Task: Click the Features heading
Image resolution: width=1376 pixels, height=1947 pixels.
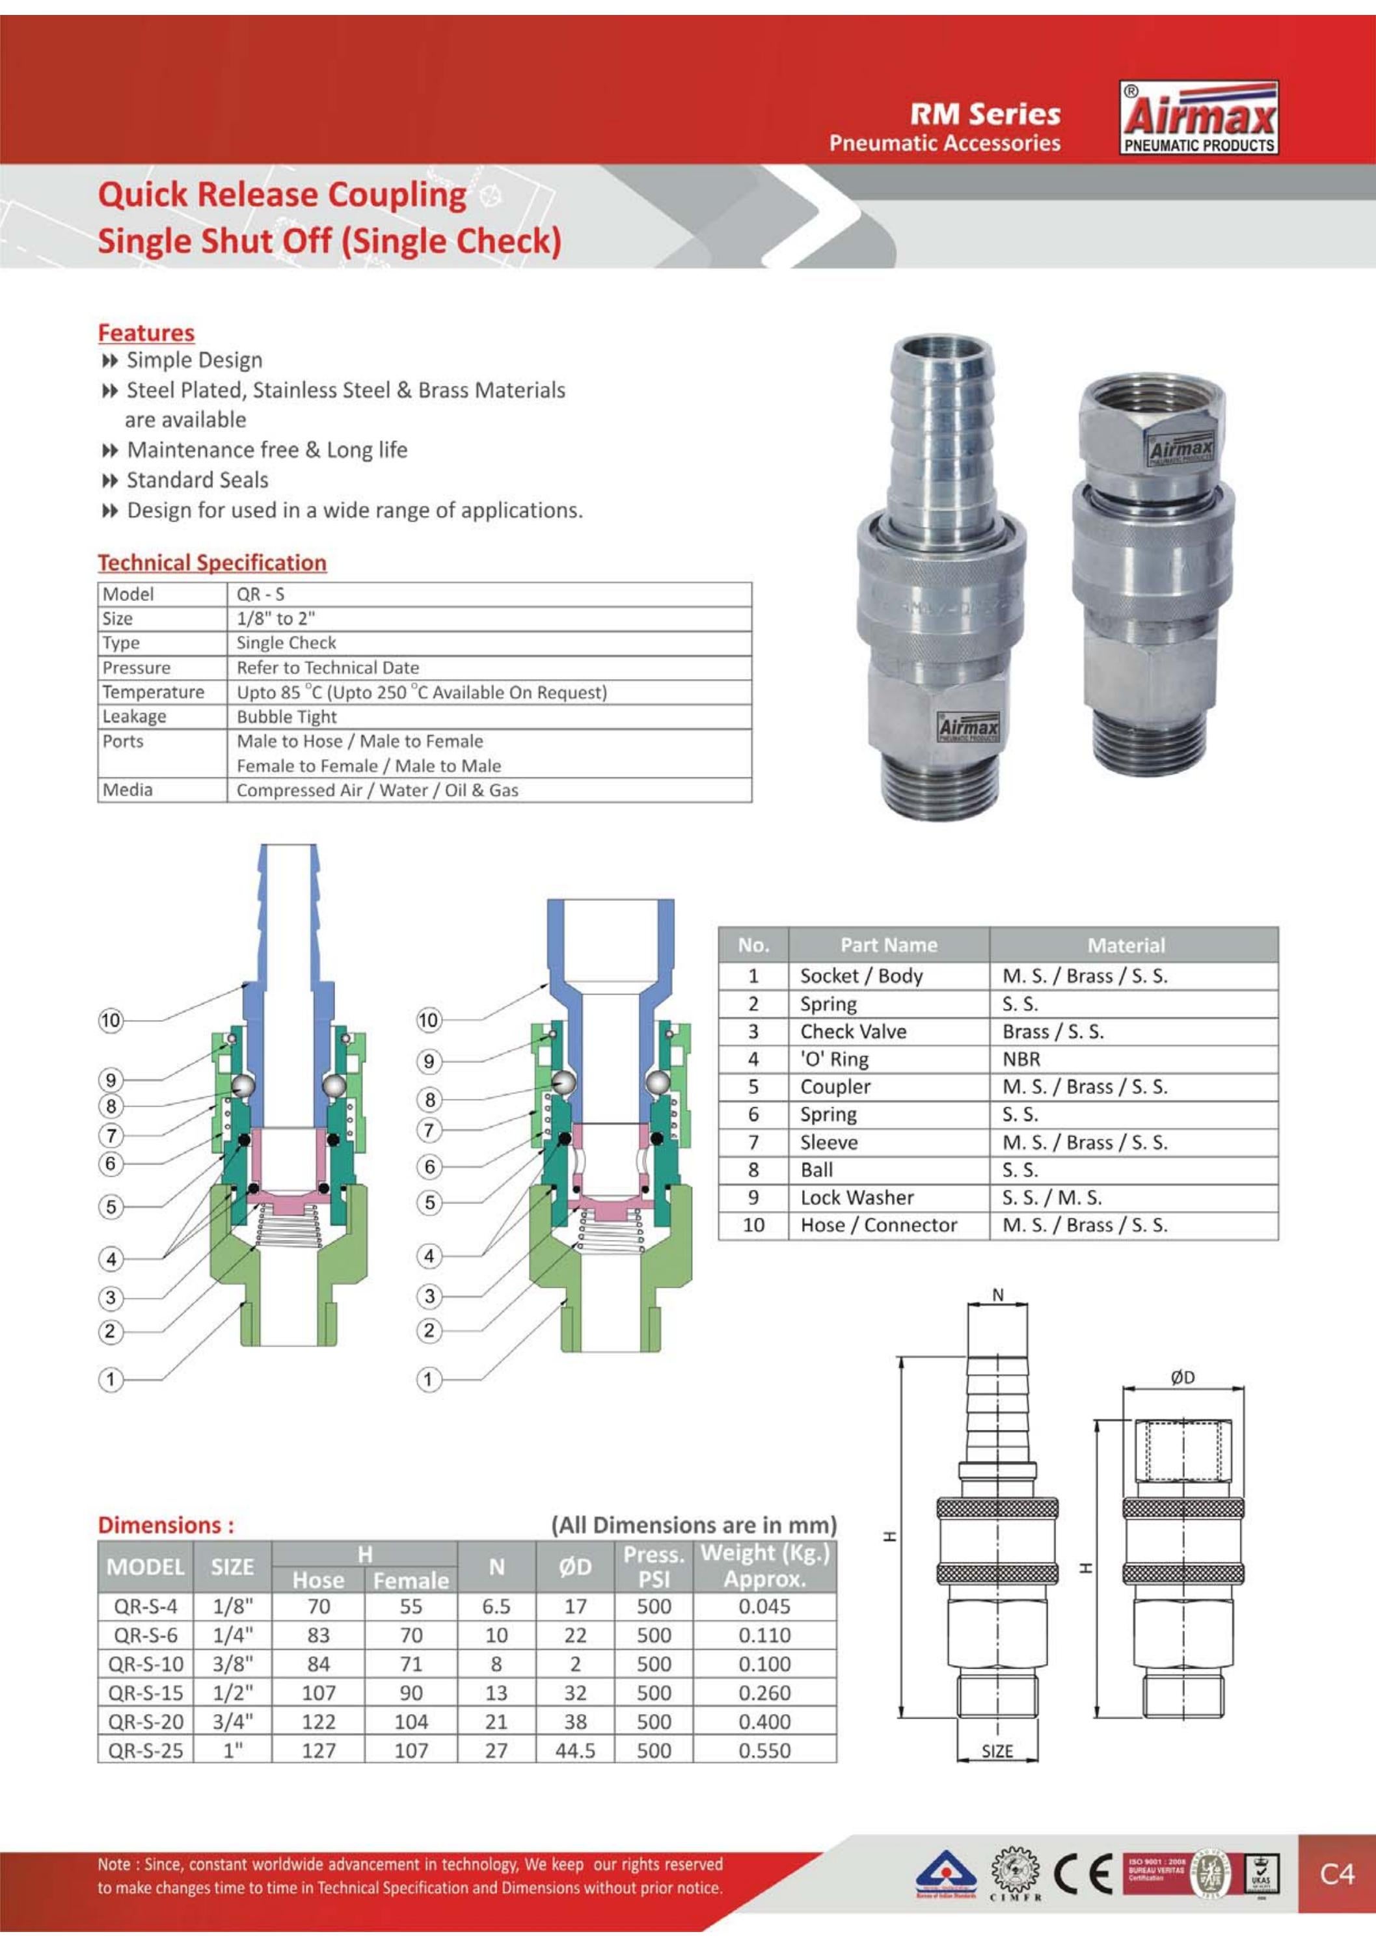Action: click(146, 332)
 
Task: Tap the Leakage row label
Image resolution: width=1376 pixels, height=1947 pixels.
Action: click(134, 717)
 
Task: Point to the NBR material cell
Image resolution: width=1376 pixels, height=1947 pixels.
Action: click(1021, 1059)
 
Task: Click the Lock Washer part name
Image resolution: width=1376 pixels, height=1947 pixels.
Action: click(857, 1198)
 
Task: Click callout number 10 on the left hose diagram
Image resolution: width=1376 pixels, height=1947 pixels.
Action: click(111, 1020)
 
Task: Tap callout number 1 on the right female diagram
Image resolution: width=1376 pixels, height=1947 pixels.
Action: click(428, 1380)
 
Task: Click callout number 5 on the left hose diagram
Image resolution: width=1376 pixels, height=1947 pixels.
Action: click(111, 1207)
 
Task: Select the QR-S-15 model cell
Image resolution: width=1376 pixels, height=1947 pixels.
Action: click(146, 1693)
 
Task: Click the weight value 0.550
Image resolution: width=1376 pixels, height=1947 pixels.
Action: click(764, 1751)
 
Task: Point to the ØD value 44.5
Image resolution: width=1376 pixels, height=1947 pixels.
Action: click(575, 1751)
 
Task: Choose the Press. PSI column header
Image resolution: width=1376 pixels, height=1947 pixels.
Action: click(653, 1567)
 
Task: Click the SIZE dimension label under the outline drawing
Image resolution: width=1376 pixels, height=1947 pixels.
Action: click(997, 1752)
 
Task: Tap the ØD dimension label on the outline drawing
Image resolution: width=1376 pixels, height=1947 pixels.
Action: click(1183, 1378)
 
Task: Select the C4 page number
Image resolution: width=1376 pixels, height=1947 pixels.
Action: click(1337, 1873)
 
